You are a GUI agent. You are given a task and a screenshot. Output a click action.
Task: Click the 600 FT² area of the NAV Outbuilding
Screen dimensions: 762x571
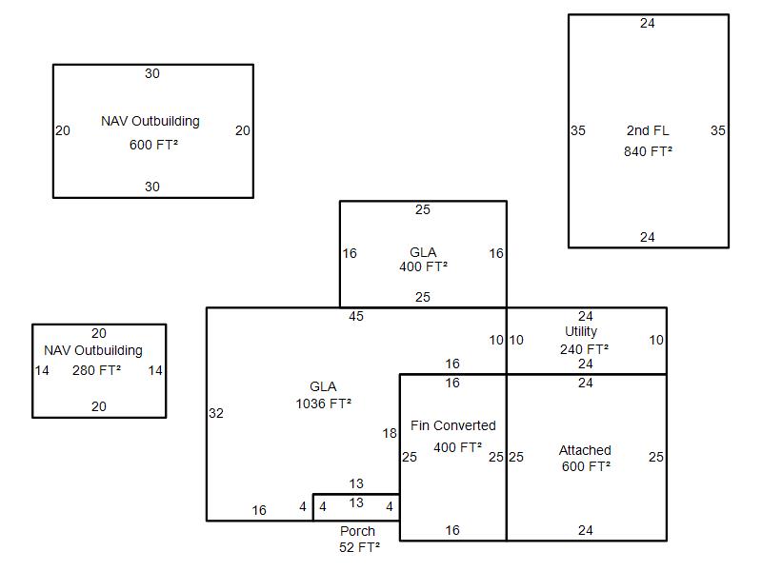point(153,145)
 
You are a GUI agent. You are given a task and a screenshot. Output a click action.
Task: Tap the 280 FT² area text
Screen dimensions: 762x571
point(97,370)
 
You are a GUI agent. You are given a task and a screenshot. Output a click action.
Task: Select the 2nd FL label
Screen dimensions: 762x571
point(648,130)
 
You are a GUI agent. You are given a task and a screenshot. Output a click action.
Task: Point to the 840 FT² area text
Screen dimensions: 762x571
point(649,151)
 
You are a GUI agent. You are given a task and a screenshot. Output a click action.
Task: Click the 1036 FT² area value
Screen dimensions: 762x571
point(324,404)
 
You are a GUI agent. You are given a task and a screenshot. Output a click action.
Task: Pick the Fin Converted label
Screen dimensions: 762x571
point(453,425)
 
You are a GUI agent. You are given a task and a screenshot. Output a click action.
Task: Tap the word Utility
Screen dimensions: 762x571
point(581,331)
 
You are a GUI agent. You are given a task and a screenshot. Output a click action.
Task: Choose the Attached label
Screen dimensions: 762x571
point(585,450)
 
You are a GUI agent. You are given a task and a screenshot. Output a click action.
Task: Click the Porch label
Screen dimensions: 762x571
point(358,531)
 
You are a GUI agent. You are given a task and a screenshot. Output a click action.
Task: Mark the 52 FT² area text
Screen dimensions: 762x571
point(360,548)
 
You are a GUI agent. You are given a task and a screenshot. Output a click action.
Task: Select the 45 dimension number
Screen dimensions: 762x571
point(355,317)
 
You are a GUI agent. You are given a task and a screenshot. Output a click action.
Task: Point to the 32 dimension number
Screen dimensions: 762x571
point(216,413)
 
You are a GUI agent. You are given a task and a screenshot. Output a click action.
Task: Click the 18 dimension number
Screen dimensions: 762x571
point(390,433)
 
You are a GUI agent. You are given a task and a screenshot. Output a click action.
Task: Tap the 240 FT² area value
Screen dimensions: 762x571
point(584,349)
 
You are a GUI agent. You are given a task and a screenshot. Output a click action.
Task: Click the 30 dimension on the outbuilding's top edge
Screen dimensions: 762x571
point(152,74)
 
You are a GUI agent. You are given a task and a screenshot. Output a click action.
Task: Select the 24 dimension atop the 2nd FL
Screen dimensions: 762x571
point(648,23)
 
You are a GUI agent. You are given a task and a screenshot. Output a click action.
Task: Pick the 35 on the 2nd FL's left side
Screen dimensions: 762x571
point(578,130)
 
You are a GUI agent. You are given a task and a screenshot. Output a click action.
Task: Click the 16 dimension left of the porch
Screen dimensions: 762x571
point(259,510)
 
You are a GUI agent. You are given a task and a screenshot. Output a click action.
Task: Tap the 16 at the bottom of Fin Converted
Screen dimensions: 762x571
point(452,530)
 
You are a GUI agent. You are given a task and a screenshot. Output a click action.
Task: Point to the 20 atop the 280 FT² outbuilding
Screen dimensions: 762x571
point(99,334)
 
